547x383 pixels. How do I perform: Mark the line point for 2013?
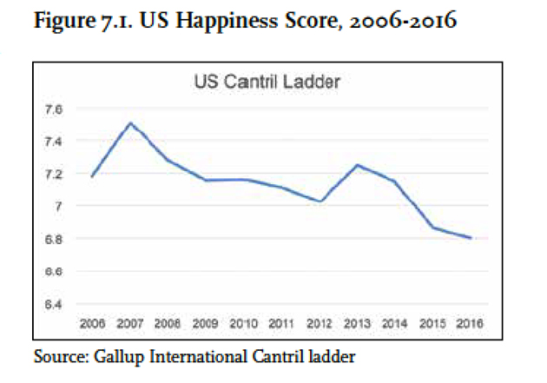[x=358, y=165]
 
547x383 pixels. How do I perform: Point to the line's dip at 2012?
[x=320, y=201]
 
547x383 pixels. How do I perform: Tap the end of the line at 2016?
[x=471, y=238]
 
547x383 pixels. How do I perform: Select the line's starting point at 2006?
[x=92, y=176]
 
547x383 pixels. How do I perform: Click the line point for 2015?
[x=432, y=228]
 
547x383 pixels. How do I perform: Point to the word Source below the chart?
[x=55, y=356]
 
